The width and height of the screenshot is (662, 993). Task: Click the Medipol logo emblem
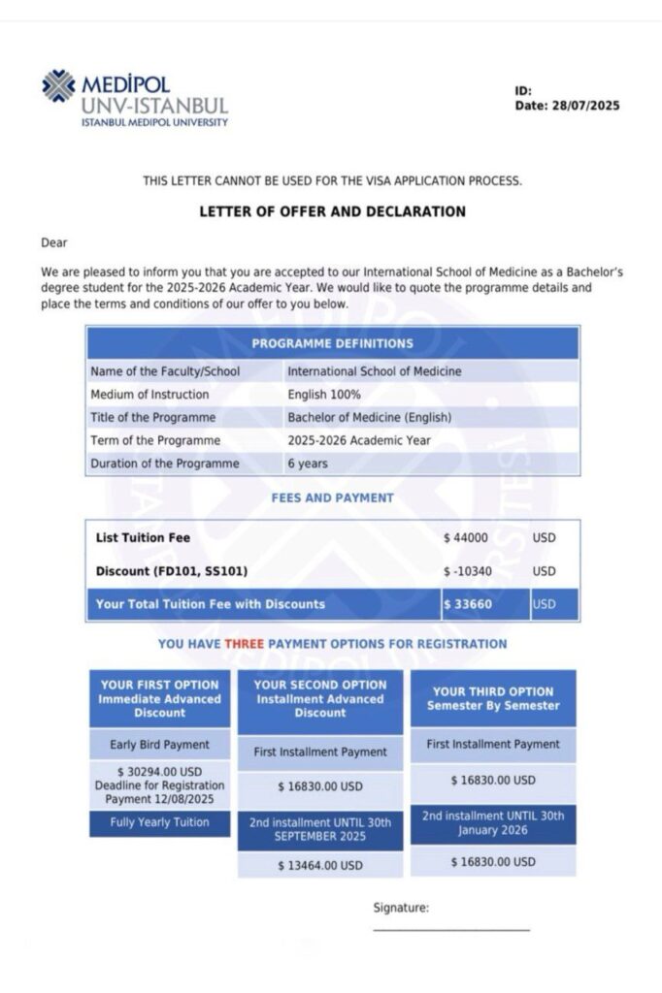58,86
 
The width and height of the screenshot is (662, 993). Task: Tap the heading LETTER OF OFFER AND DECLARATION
332,211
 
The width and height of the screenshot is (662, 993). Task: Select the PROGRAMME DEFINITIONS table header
332,343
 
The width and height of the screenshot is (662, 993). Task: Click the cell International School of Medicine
375,371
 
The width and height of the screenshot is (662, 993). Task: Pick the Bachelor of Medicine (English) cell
370,418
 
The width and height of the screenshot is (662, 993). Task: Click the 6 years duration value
308,464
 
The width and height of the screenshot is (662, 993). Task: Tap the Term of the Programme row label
154,440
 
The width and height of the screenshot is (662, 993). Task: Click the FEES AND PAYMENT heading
332,498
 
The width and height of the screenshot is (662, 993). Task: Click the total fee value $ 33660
466,604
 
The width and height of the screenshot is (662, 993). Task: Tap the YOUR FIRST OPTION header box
160,698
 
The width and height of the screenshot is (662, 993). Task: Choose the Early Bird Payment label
160,745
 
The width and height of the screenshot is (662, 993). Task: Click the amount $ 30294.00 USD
160,772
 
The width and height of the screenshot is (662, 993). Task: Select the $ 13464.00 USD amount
319,865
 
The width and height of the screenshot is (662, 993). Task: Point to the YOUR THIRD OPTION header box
493,698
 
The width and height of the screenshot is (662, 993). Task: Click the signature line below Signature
451,930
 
